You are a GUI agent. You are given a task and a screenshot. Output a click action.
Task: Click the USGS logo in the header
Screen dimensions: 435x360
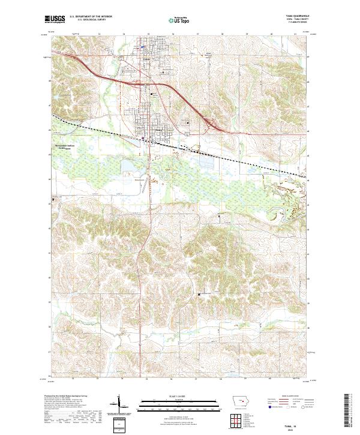click(55, 20)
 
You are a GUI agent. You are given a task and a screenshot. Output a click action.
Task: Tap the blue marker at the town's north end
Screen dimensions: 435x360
click(143, 47)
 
